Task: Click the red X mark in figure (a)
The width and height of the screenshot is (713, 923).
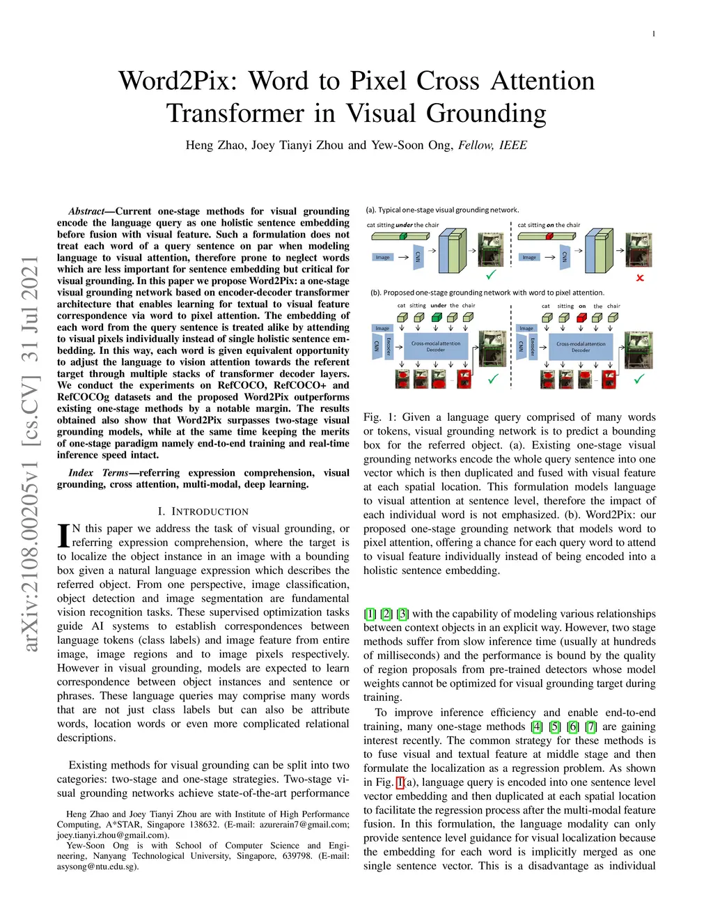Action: [640, 278]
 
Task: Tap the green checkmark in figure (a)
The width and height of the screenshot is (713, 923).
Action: [491, 274]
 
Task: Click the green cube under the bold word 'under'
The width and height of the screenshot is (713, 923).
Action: [437, 318]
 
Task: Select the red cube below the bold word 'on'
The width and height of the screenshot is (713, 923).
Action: [581, 318]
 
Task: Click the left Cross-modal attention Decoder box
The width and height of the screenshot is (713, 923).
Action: [435, 346]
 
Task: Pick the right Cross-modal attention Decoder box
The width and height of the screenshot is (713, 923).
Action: [581, 346]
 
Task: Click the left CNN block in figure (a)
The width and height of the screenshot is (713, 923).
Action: [418, 257]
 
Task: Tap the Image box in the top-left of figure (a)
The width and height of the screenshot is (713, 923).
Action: [383, 257]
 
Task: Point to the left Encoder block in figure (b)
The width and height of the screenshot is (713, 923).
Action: [389, 346]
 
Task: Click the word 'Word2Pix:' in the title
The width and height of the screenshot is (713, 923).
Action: [178, 81]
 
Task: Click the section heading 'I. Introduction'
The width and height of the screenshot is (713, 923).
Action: [203, 511]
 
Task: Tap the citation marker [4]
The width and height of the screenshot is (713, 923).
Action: [536, 727]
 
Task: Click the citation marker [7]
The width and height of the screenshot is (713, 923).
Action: [590, 727]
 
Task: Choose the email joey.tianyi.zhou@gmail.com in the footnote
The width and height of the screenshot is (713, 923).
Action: [111, 835]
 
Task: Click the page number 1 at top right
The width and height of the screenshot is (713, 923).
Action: [653, 34]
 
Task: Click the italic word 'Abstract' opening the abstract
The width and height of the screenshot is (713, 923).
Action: [86, 211]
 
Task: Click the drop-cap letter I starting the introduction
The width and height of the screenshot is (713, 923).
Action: [63, 534]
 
